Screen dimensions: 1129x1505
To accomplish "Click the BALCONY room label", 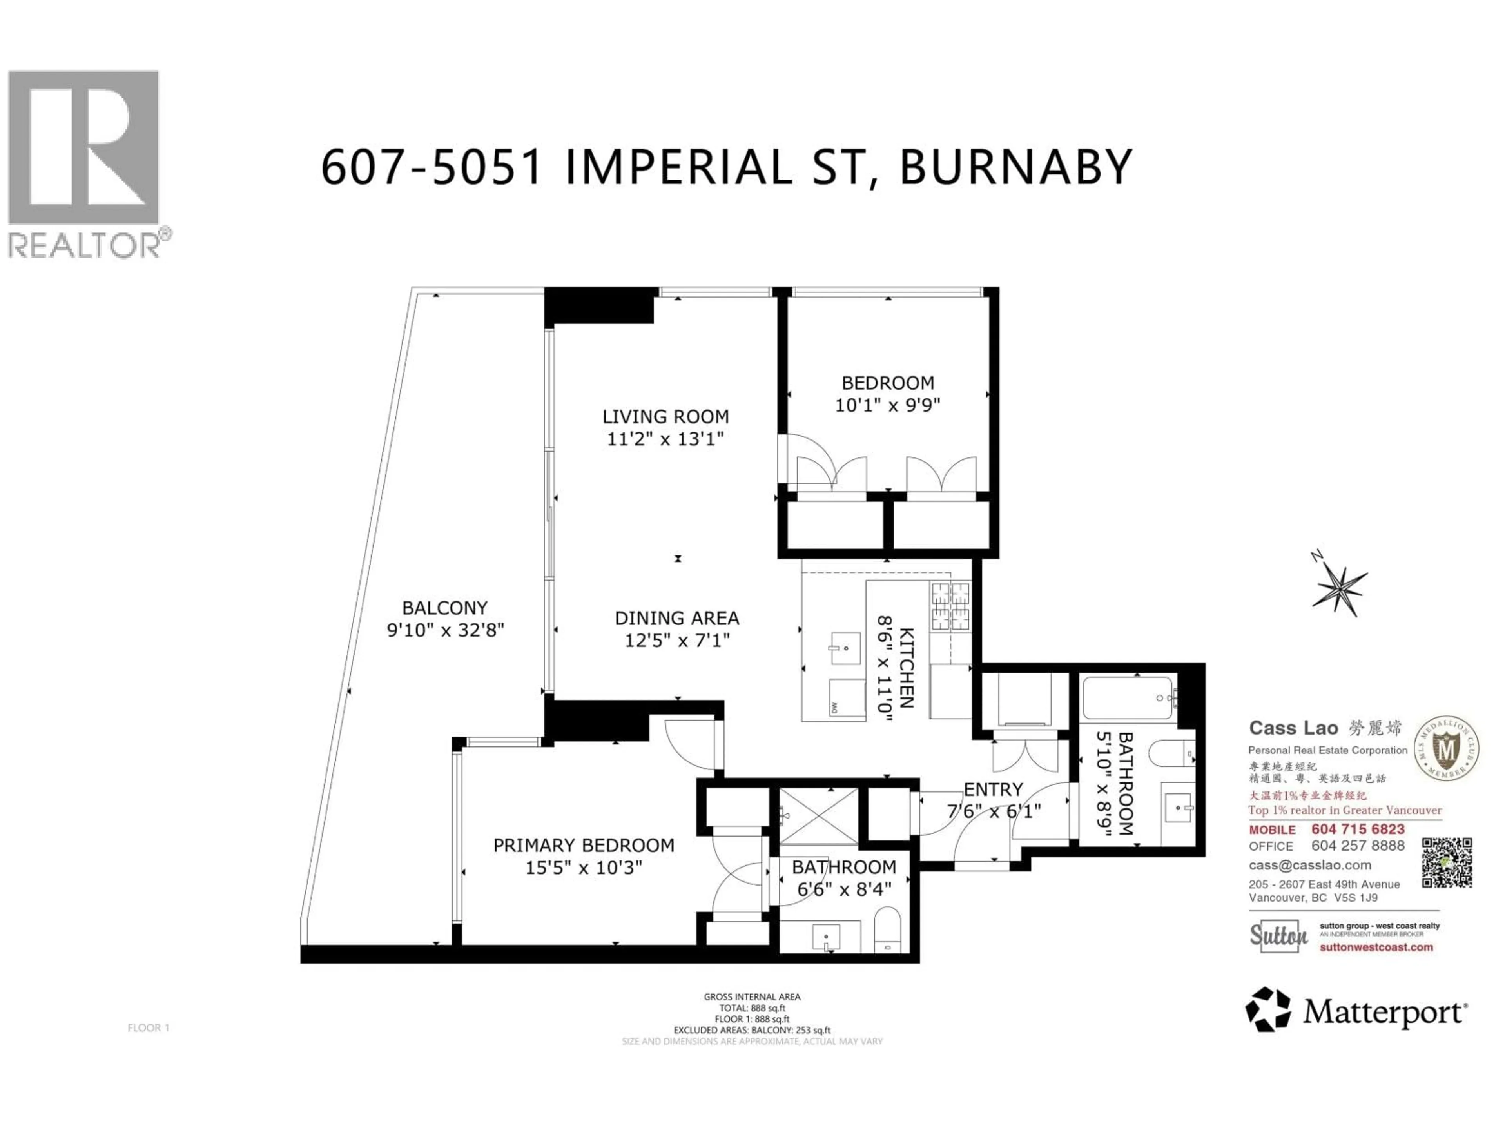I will coord(444,608).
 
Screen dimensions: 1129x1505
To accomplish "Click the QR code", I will coord(1447,863).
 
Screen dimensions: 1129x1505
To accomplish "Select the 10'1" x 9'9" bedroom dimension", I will coord(887,405).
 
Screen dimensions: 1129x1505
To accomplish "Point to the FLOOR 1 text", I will coord(148,1027).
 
